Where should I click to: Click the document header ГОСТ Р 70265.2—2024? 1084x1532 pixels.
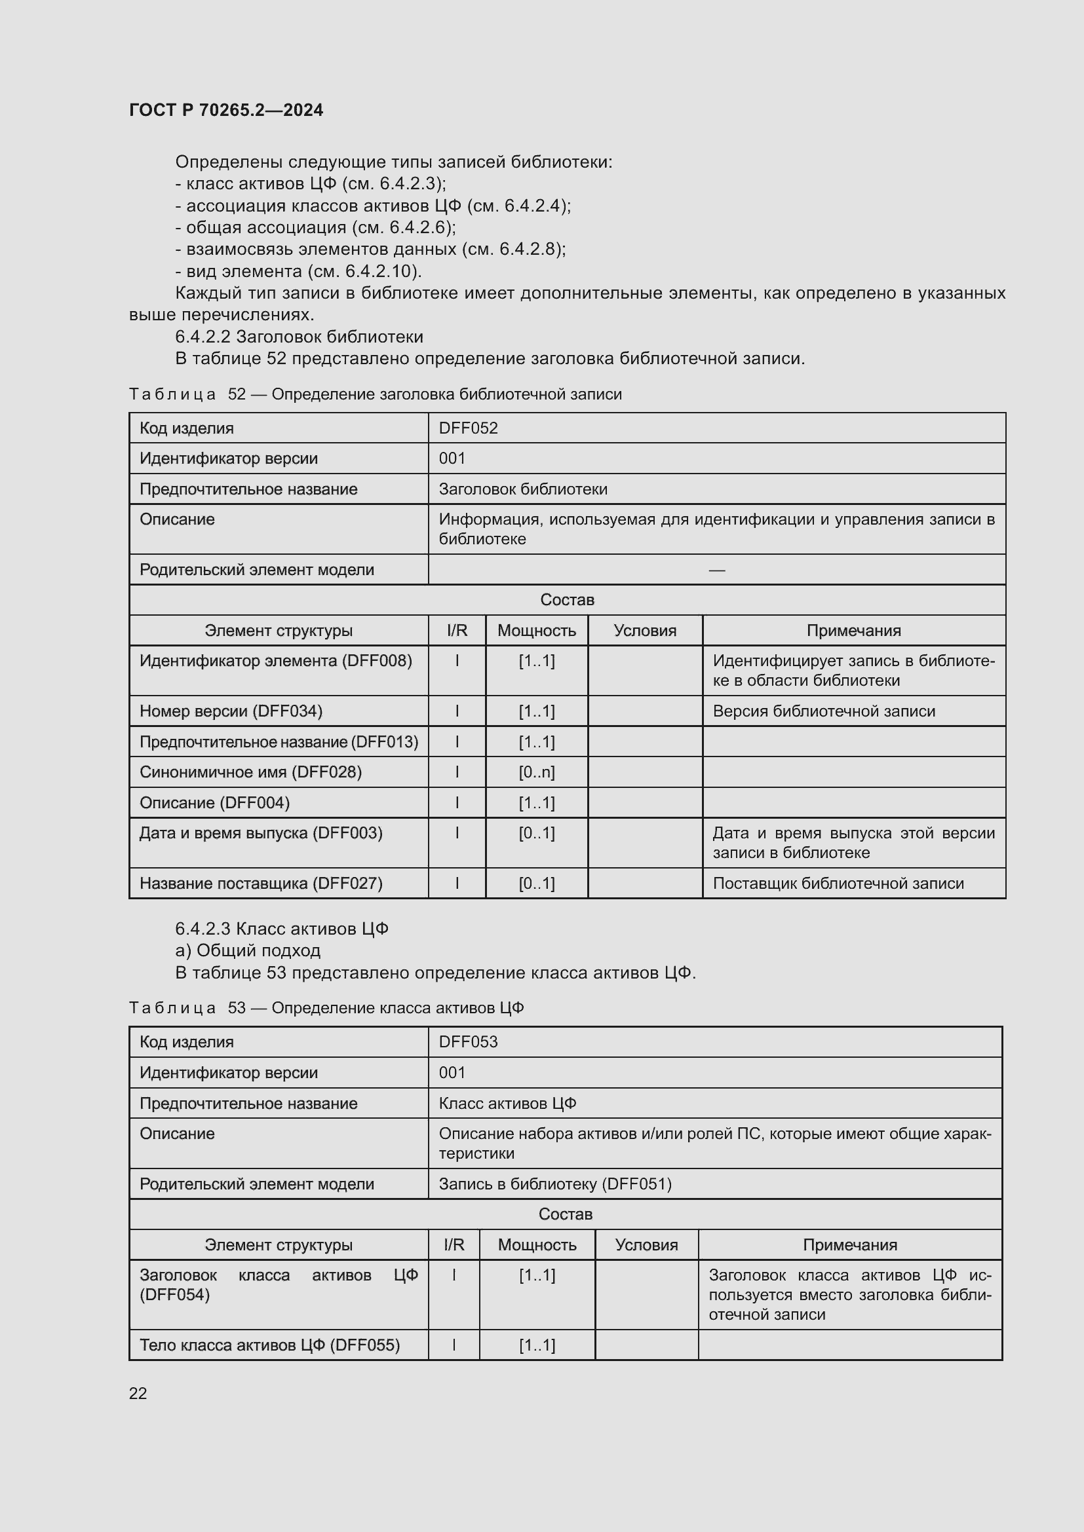(x=225, y=110)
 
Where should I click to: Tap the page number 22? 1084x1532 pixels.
(x=138, y=1392)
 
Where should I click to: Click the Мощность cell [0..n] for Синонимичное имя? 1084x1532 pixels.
(x=537, y=772)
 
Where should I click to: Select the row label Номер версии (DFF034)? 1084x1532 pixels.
(x=231, y=711)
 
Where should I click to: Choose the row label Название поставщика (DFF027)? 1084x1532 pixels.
(x=261, y=884)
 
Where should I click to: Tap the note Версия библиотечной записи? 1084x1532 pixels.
(x=824, y=711)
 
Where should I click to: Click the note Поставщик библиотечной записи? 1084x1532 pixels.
(x=838, y=884)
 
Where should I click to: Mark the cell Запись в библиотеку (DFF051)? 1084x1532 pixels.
(x=554, y=1184)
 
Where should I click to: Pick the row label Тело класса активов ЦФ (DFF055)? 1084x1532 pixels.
(x=269, y=1345)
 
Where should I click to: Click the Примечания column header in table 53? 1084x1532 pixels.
(x=850, y=1244)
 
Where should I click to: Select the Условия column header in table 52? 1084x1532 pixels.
(x=645, y=631)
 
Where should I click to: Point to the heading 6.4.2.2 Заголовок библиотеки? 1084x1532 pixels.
(x=299, y=337)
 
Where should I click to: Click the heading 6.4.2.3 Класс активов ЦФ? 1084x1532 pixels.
(x=282, y=929)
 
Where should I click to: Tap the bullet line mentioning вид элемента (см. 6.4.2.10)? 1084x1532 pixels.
(x=298, y=272)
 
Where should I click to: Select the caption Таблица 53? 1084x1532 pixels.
(x=326, y=1007)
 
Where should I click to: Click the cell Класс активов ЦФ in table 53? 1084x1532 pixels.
(x=507, y=1103)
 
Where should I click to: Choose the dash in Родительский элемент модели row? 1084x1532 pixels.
(x=717, y=570)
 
